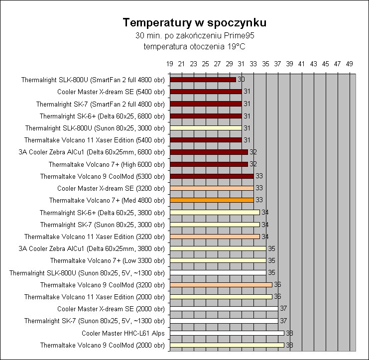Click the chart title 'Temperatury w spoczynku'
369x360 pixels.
coord(194,23)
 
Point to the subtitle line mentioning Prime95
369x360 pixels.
coord(194,36)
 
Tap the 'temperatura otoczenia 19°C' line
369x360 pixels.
coord(194,46)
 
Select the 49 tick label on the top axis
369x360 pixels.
coord(349,64)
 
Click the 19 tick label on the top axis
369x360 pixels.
coord(170,64)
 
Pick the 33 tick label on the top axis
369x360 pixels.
coord(253,64)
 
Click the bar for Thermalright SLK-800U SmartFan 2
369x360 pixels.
coord(203,80)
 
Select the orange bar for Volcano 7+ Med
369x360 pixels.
coord(212,200)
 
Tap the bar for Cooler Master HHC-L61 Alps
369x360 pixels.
coord(227,333)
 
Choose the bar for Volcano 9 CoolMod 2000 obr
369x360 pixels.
coord(227,345)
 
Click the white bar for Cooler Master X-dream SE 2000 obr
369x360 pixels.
coord(224,309)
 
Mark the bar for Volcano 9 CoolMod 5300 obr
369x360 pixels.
coord(212,176)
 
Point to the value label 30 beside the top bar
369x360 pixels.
coord(241,80)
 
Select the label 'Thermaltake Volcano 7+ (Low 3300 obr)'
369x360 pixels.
coord(107,260)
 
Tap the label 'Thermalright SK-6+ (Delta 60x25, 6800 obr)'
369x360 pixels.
coord(102,116)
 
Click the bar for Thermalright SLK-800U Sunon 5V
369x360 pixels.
coord(218,273)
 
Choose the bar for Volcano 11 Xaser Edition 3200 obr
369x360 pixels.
coord(215,237)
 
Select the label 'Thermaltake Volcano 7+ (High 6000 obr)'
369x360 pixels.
coord(107,164)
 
